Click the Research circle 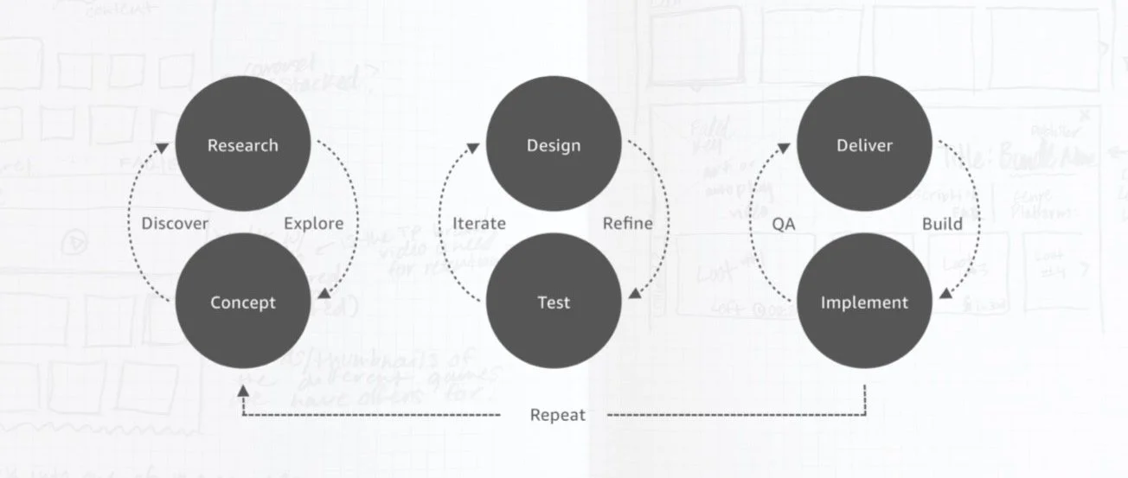(x=243, y=144)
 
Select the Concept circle (x=243, y=302)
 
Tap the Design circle (x=554, y=144)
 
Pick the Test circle (x=554, y=302)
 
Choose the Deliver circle (x=864, y=144)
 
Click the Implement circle (x=864, y=302)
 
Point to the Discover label (x=176, y=224)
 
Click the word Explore (x=314, y=224)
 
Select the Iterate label (x=479, y=224)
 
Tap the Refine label (x=628, y=224)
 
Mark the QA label (x=783, y=224)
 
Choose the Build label (x=942, y=224)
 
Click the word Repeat (x=557, y=415)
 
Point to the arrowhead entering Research (x=163, y=150)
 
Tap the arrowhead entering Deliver (x=784, y=150)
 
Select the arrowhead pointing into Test (x=635, y=294)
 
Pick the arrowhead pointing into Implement (x=945, y=294)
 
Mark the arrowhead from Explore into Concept (x=324, y=294)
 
